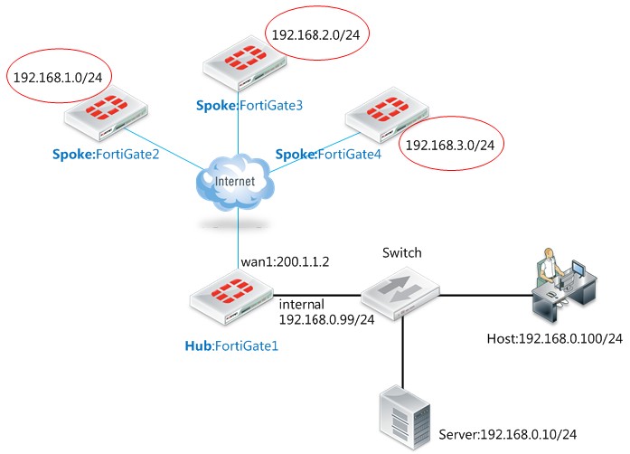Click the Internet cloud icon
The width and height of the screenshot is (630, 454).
(x=237, y=185)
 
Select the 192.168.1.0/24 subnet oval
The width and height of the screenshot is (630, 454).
(x=55, y=77)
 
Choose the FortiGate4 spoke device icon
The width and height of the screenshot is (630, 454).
(x=383, y=113)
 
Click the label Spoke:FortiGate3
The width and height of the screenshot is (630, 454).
(x=249, y=106)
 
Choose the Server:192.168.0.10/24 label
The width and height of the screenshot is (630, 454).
(x=508, y=434)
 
